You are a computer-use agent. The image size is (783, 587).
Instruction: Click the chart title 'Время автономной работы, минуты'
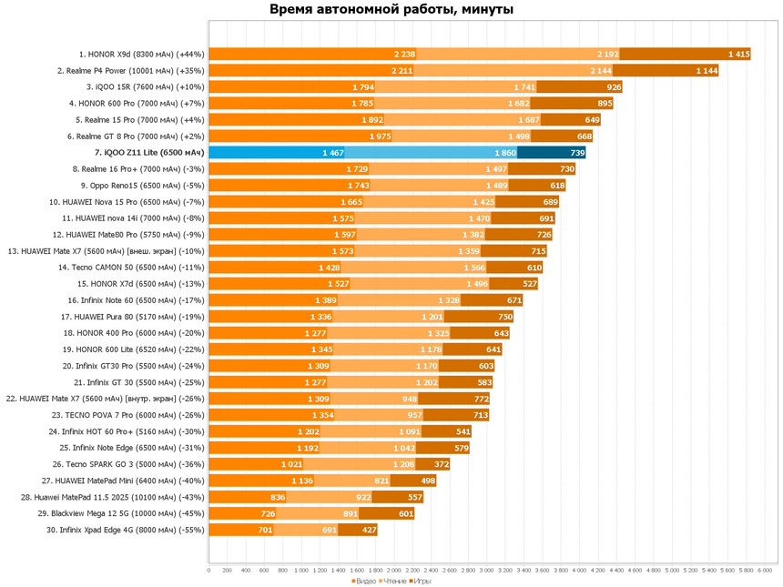(x=391, y=9)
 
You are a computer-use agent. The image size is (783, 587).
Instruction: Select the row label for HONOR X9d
(x=142, y=55)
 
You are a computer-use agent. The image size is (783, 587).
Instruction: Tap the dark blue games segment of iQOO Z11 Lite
(x=552, y=153)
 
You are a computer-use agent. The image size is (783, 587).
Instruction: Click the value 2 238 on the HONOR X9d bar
(x=404, y=55)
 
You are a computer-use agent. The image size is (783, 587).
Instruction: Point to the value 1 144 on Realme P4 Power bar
(x=707, y=71)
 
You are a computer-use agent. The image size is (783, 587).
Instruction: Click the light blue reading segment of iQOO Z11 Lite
(x=431, y=153)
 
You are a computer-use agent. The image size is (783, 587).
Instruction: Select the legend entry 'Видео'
(x=363, y=581)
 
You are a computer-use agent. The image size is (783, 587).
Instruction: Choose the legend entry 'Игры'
(x=420, y=581)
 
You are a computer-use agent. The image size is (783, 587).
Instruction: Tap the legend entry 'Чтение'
(x=393, y=581)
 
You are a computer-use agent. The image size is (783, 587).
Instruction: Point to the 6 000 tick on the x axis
(x=765, y=570)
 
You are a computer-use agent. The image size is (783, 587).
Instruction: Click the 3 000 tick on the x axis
(x=487, y=570)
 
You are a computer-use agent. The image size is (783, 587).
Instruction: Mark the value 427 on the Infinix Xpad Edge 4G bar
(x=370, y=530)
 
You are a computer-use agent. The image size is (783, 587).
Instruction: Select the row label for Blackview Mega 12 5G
(x=121, y=513)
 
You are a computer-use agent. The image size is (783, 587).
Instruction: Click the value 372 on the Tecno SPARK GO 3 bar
(x=442, y=464)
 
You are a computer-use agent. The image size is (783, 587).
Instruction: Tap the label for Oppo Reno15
(x=143, y=186)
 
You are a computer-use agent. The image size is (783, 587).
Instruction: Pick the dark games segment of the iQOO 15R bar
(x=579, y=87)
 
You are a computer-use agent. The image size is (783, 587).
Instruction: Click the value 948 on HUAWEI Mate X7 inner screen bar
(x=410, y=399)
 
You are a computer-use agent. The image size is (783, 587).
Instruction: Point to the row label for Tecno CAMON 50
(x=131, y=268)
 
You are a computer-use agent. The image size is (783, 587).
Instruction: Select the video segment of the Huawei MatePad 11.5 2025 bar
(x=248, y=497)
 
